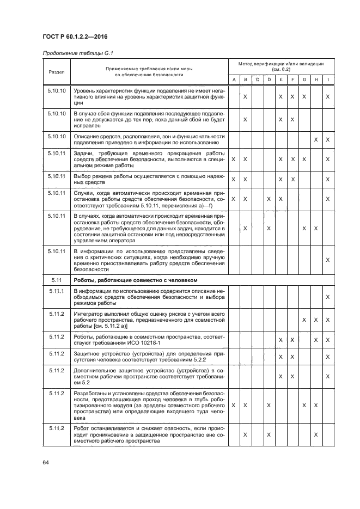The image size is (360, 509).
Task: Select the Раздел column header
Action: [56, 71]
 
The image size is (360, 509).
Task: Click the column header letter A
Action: [234, 80]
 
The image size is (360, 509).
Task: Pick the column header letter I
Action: [328, 80]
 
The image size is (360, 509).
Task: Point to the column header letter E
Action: [280, 80]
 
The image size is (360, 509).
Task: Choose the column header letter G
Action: [304, 80]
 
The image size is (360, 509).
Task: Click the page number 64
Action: [46, 462]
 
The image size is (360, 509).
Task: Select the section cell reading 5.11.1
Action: [56, 291]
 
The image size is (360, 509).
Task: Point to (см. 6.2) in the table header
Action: [280, 70]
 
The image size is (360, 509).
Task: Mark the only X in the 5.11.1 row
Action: [328, 297]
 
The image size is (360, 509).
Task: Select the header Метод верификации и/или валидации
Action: [280, 64]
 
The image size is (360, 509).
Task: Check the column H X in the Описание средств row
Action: [316, 140]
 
